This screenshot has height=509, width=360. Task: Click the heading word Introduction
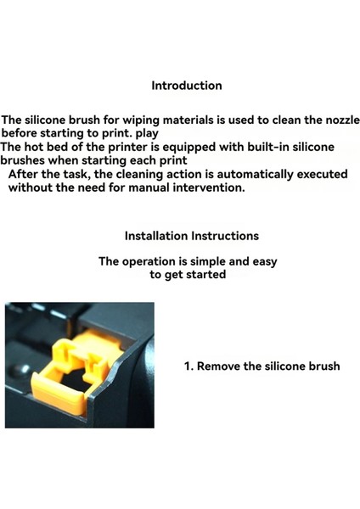tap(187, 86)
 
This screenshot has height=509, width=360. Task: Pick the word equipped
tap(196, 147)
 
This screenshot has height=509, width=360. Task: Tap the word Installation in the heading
tap(155, 236)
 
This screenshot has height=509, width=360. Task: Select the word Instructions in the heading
tap(225, 236)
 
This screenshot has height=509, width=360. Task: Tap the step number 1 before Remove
tap(188, 366)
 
